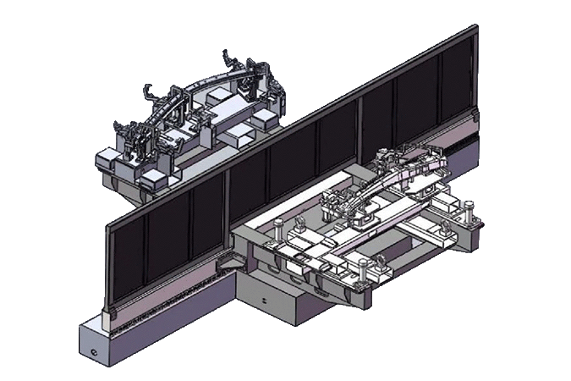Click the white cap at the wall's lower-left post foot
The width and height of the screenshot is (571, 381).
(x=110, y=317)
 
